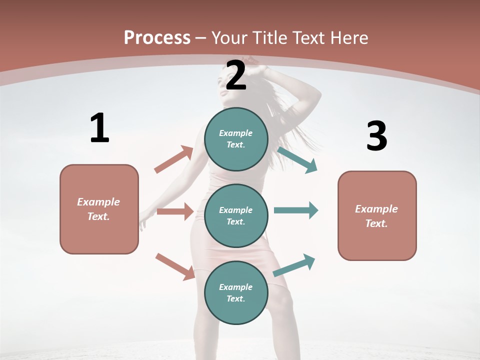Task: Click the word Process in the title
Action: coord(157,38)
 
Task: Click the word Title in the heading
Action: coord(267,38)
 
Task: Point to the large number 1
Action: coord(99,128)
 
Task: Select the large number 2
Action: coord(236,75)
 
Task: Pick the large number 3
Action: coord(376,136)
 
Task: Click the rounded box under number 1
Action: coord(99,209)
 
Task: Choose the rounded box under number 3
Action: coord(377,215)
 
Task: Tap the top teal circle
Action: coord(236,139)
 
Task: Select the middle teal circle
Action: coord(236,215)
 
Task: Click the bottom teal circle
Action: coord(236,292)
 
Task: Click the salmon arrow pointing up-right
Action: coord(174,159)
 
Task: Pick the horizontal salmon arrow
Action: coord(175,211)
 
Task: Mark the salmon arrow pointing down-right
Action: coord(175,266)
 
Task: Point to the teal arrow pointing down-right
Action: coord(297,160)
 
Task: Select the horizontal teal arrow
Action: coord(296,210)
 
